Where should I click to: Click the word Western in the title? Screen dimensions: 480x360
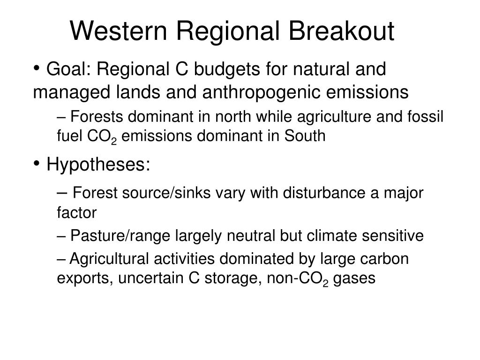(119, 31)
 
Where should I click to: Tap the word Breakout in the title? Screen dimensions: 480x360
(341, 31)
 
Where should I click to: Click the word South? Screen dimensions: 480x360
(305, 135)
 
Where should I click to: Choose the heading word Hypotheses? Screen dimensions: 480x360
(98, 165)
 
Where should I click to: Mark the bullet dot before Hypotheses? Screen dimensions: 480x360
(37, 163)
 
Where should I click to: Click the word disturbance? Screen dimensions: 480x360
(324, 193)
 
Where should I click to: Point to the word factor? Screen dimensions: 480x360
(77, 212)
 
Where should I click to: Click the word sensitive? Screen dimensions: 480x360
(393, 236)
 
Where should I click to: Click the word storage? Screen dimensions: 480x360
(233, 278)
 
